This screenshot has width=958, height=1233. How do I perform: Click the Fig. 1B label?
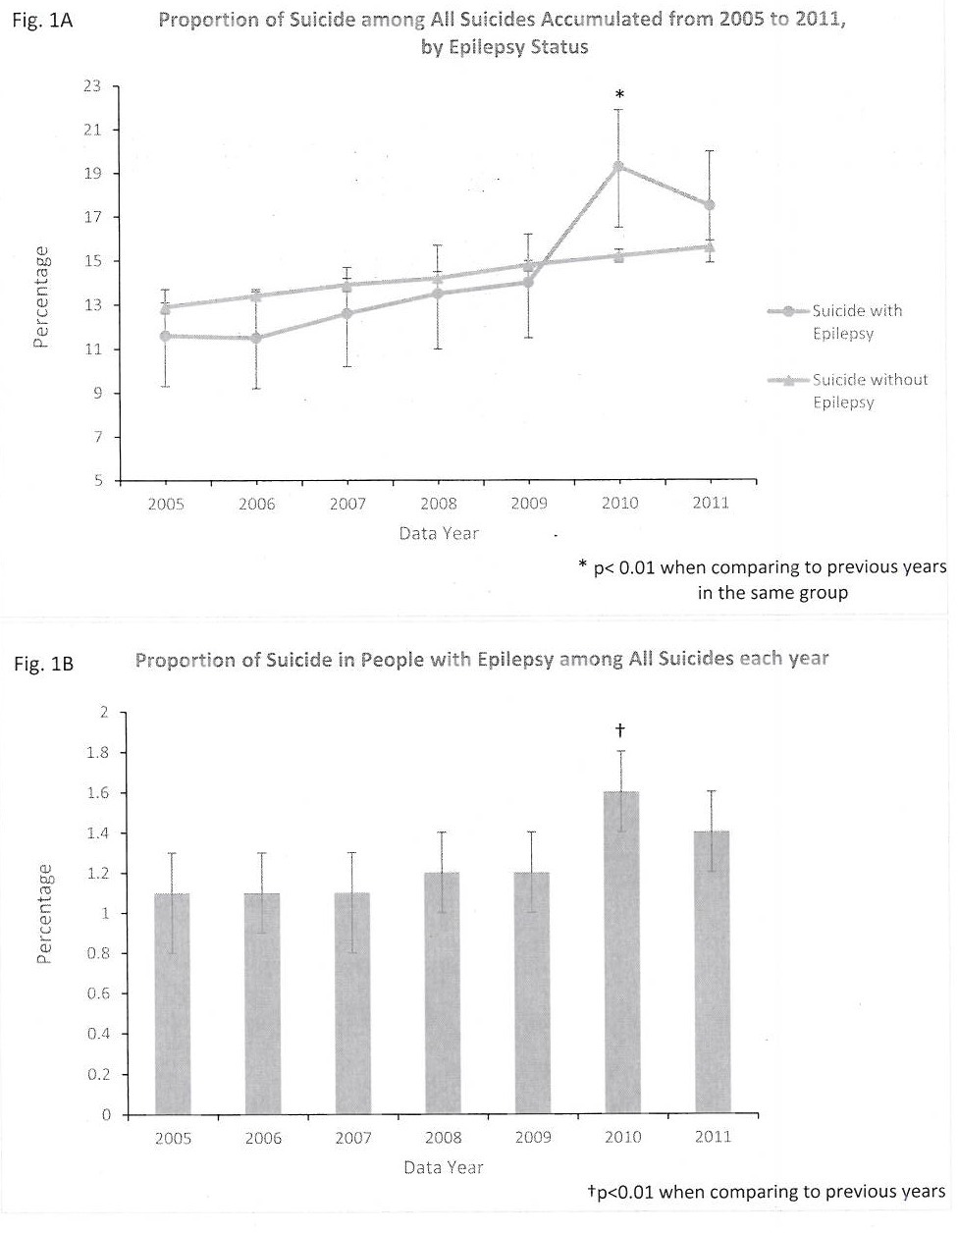point(44,665)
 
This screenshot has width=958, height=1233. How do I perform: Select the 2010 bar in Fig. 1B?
point(620,952)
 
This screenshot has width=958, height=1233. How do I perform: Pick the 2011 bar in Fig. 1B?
point(711,972)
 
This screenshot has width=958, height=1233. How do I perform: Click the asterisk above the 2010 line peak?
point(619,95)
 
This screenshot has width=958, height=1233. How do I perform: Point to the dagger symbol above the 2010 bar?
point(620,730)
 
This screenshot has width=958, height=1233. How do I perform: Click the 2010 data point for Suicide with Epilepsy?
point(618,166)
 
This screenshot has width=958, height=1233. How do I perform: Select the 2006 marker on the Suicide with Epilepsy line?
point(256,338)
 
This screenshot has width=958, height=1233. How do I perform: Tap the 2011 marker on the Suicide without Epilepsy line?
point(710,246)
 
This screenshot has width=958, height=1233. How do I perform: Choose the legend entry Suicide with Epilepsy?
point(856,321)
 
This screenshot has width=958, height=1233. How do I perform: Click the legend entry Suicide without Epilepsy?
point(868,390)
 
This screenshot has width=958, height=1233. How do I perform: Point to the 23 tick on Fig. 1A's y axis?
point(92,85)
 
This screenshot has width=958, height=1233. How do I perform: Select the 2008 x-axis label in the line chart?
point(439,503)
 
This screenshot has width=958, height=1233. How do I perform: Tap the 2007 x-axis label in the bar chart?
point(353,1137)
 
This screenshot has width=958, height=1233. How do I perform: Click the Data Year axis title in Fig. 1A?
point(439,533)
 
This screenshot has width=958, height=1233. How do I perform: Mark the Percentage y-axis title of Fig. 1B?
point(44,914)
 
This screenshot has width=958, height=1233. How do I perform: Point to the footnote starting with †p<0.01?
point(766,1192)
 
